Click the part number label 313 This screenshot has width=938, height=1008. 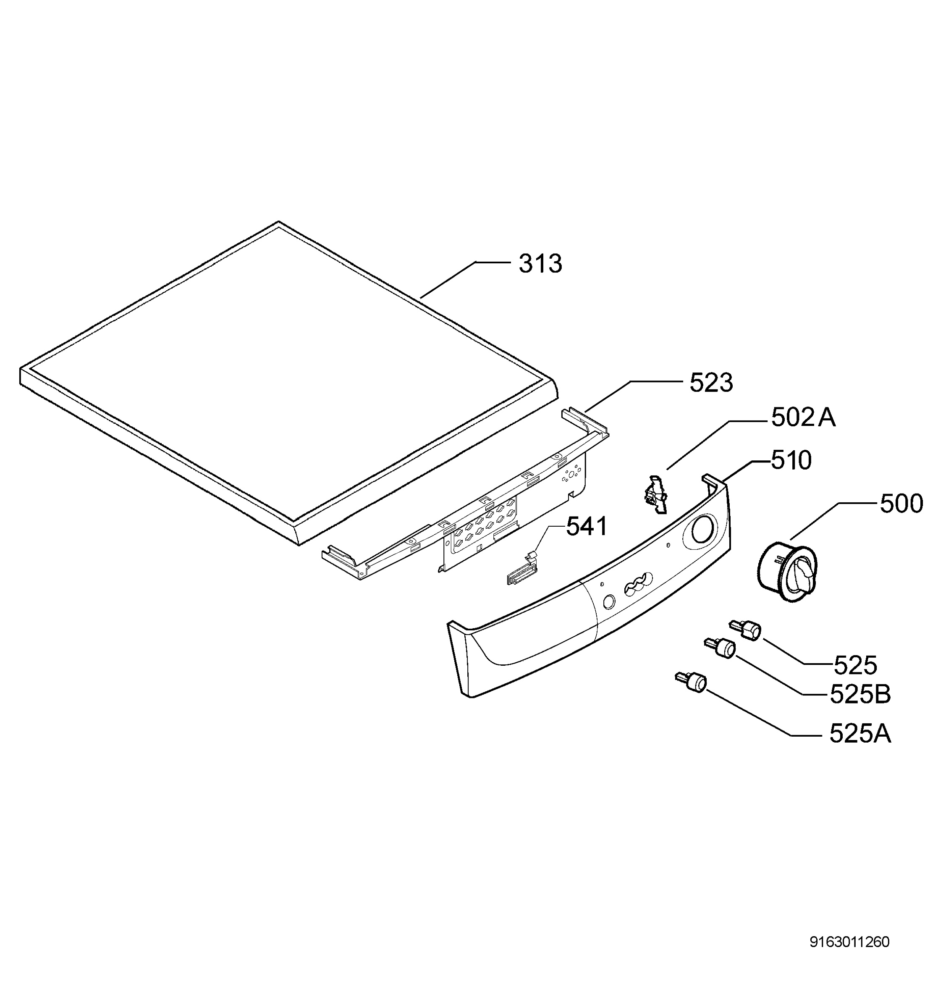[x=540, y=264]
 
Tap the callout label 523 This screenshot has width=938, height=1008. [x=710, y=383]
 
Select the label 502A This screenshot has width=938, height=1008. [x=803, y=417]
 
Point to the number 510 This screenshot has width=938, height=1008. [x=791, y=460]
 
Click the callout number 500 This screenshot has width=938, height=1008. [x=901, y=504]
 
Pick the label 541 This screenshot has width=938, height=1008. [x=586, y=526]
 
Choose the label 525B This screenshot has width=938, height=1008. [x=860, y=694]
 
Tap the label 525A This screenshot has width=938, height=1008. [x=860, y=733]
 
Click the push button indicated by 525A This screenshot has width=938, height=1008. [x=691, y=682]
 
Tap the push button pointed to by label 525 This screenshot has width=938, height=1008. [x=745, y=631]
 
